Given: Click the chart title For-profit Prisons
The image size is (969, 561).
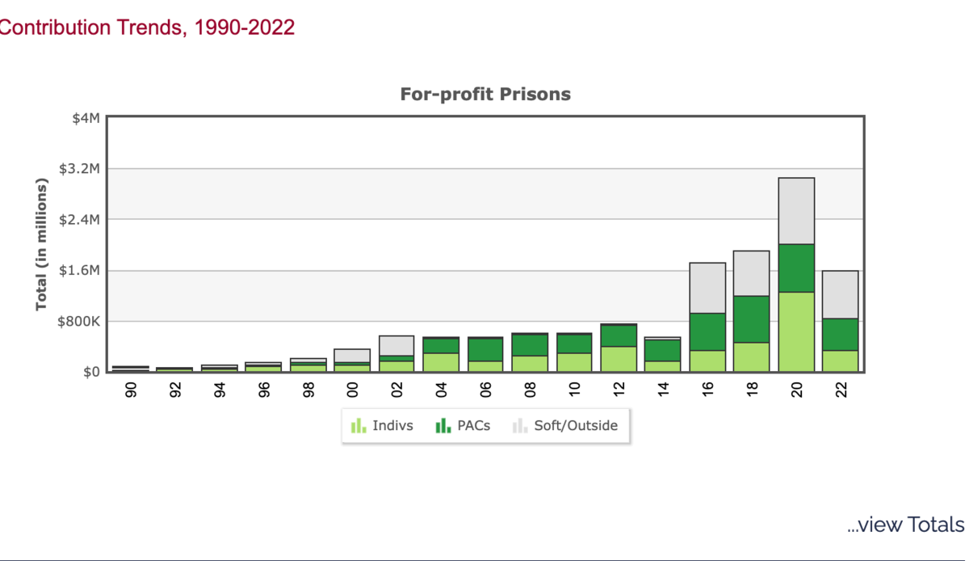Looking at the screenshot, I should (485, 95).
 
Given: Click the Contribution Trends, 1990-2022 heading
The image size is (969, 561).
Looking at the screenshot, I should (146, 27).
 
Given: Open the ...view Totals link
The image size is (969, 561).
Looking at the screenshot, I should (905, 525).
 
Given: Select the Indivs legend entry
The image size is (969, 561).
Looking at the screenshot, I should (382, 426).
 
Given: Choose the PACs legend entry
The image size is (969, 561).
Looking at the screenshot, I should (463, 426).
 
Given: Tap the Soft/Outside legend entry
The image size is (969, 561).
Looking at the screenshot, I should (565, 426).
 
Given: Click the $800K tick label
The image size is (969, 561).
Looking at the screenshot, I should (79, 321).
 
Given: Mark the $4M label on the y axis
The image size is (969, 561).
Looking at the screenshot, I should (85, 118).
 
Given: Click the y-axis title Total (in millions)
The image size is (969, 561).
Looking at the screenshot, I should (41, 245).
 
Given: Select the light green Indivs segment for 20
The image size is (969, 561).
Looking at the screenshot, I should (796, 331).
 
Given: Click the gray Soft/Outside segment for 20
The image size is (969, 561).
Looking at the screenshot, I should (796, 210).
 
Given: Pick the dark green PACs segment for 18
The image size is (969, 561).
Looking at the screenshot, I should (752, 319).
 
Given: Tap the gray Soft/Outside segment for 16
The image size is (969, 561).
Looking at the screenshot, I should (707, 288).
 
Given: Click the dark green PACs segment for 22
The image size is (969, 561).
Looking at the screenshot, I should (841, 335).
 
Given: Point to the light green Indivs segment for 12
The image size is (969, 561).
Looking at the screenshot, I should (619, 359).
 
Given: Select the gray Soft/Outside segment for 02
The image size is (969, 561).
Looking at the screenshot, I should (396, 345).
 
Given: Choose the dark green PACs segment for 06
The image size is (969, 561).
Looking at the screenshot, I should (485, 349).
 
